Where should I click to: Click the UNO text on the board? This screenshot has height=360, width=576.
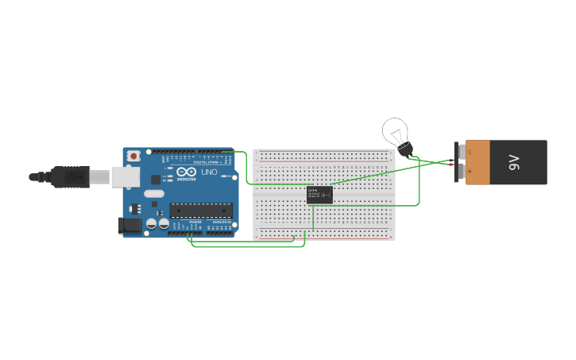(209, 172)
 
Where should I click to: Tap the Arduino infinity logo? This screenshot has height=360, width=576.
(187, 172)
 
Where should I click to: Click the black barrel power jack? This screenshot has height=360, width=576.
(129, 226)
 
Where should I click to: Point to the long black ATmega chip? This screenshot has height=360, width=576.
(201, 211)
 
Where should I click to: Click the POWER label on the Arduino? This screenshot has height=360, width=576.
(195, 223)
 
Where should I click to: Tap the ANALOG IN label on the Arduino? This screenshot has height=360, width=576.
(221, 223)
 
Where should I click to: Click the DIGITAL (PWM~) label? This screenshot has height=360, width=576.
(201, 162)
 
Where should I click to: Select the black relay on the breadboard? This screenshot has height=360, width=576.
(319, 195)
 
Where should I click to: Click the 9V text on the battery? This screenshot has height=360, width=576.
(514, 163)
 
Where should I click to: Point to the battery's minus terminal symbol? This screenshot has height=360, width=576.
(470, 151)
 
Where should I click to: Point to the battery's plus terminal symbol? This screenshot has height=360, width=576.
(470, 171)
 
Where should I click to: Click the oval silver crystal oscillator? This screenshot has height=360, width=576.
(153, 194)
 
